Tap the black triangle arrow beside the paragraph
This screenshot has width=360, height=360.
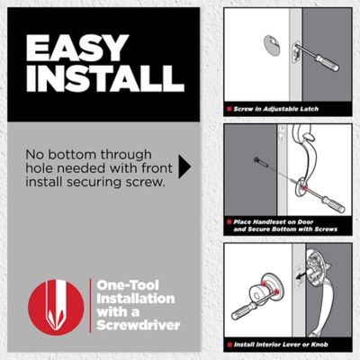(x=185, y=166)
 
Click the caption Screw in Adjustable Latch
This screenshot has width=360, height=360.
(x=277, y=108)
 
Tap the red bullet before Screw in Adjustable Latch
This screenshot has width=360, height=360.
(x=229, y=108)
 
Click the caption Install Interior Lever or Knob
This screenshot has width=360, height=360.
(x=286, y=343)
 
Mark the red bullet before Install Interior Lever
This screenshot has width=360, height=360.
(x=229, y=343)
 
